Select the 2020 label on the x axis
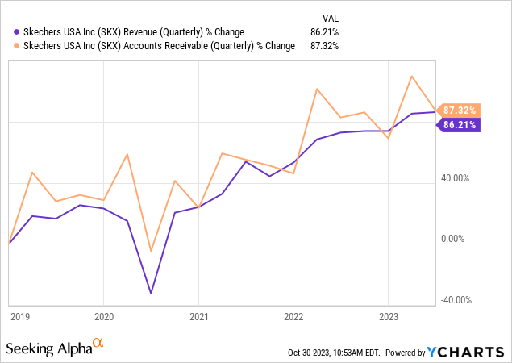coord(104,316)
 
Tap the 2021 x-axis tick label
coord(199,316)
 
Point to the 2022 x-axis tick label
coord(293,316)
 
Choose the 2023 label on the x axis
coord(389,316)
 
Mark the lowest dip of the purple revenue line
coord(151,293)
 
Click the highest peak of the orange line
coord(412,77)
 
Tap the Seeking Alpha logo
coord(55,348)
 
